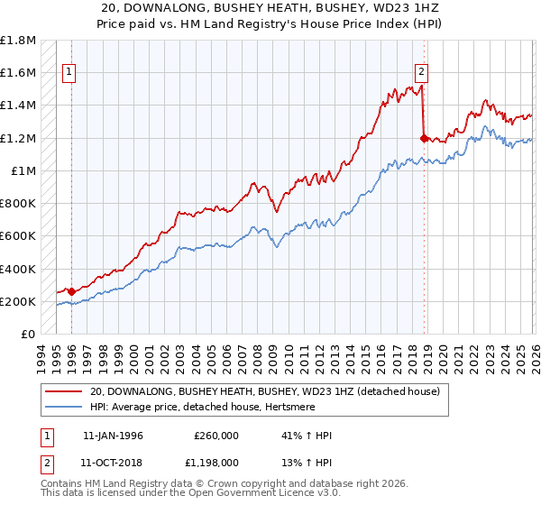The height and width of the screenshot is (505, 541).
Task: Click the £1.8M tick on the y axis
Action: click(18, 41)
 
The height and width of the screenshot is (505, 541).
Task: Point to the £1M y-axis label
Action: click(24, 170)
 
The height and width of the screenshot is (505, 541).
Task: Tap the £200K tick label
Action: click(18, 301)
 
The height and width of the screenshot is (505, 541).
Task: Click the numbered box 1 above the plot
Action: click(69, 74)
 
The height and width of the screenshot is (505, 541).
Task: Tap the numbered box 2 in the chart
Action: click(421, 74)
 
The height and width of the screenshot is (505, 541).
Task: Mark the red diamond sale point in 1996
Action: click(72, 291)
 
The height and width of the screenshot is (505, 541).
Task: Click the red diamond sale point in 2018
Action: click(424, 138)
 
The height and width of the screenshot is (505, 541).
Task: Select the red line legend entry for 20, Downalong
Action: click(263, 392)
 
